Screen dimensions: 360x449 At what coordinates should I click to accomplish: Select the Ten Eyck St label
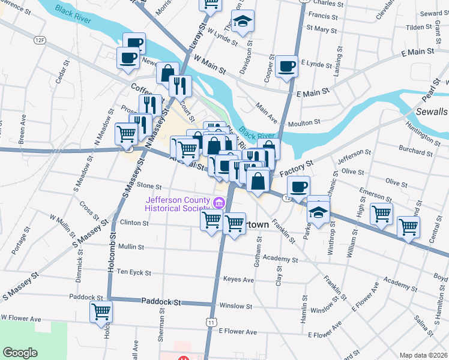(134, 272)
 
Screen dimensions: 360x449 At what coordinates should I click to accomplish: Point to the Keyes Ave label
(238, 280)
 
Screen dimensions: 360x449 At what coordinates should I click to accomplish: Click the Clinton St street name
(134, 223)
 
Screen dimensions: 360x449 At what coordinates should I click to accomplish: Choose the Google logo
(20, 353)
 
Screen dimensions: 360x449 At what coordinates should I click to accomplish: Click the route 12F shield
(40, 40)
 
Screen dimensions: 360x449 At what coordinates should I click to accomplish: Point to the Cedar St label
(59, 74)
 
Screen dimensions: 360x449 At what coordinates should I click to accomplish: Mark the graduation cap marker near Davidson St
(243, 22)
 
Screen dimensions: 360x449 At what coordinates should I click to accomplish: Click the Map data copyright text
(424, 355)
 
